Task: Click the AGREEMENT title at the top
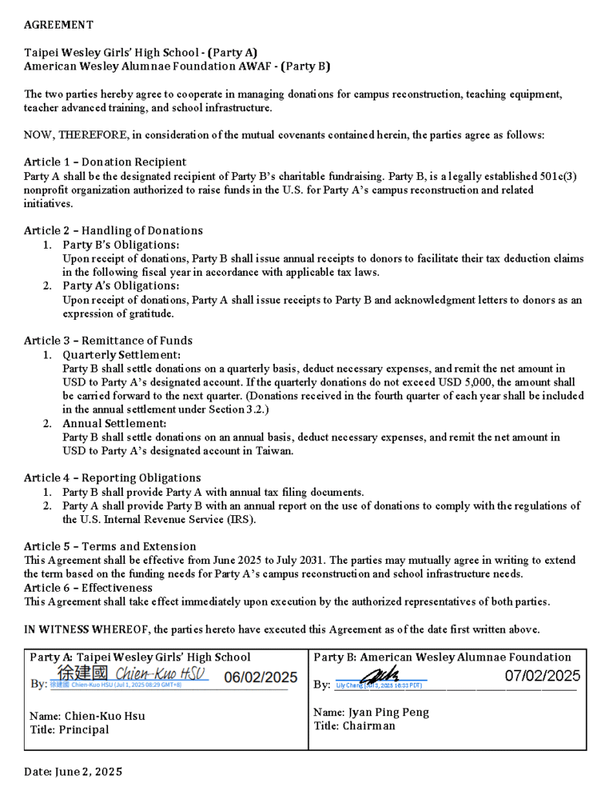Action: coord(59,25)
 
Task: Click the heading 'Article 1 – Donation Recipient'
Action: coord(105,162)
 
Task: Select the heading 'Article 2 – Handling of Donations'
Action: coord(113,230)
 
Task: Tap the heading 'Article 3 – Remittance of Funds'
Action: coord(108,341)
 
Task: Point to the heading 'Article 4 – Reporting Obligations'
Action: coord(112,478)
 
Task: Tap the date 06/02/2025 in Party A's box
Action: coord(260,677)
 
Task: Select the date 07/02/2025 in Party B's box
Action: coord(542,676)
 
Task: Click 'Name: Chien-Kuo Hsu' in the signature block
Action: coord(87,716)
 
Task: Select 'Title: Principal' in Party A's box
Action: coord(69,730)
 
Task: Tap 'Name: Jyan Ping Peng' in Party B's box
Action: coord(371,712)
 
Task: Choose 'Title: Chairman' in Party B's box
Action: coord(354,726)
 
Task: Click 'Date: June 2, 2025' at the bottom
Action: coord(73,771)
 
